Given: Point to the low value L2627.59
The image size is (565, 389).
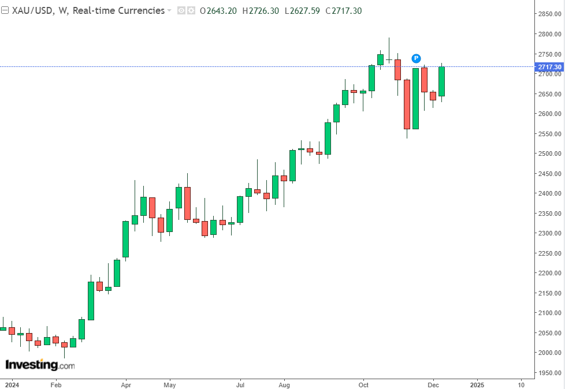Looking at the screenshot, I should click(304, 10).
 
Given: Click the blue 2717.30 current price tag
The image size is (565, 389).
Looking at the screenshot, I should click(549, 66).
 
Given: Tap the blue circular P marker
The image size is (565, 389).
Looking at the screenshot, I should click(416, 58).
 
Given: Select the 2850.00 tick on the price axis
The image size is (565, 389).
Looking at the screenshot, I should click(549, 14).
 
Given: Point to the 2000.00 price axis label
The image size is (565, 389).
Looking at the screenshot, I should click(549, 353).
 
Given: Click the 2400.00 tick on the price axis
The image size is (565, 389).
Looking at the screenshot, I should click(549, 193).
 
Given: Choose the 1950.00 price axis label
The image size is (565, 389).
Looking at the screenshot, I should click(549, 373).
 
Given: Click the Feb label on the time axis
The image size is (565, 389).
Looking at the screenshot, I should click(55, 384).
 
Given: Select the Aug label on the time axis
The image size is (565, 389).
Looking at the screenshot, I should click(284, 384).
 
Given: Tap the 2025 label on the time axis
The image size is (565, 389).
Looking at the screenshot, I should click(477, 384).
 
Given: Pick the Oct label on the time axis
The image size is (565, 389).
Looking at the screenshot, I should click(363, 384).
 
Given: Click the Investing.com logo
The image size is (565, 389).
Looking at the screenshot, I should click(40, 365).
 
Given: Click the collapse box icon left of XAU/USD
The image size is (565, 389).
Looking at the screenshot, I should click(5, 10).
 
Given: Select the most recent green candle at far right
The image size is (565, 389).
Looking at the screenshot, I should click(441, 81).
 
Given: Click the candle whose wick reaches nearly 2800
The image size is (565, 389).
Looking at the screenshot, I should click(389, 58).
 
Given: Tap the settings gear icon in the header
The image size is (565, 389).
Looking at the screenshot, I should click(191, 10).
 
